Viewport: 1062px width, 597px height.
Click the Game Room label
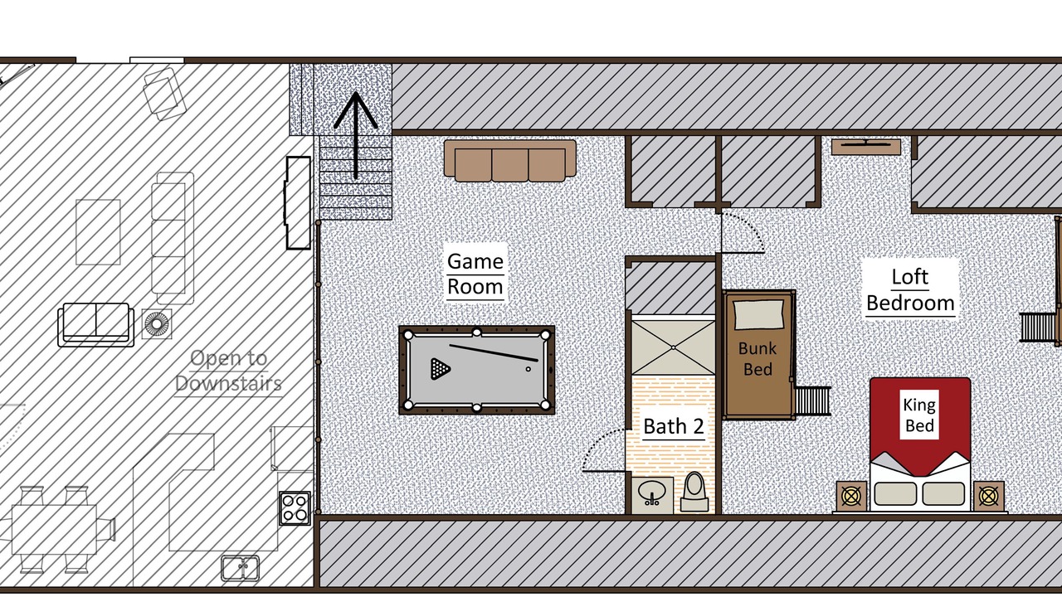(x=475, y=274)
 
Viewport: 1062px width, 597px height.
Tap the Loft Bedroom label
(x=910, y=289)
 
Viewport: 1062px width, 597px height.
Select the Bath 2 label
(x=673, y=426)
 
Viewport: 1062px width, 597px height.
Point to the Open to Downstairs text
(x=228, y=371)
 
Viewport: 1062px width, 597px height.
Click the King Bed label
(x=919, y=415)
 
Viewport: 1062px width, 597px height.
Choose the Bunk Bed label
(x=758, y=359)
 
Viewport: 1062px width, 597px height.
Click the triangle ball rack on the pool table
(x=440, y=369)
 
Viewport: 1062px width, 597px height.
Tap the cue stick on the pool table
(x=494, y=353)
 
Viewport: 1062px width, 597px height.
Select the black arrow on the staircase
(x=356, y=135)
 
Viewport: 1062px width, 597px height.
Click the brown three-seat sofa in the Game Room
(x=510, y=161)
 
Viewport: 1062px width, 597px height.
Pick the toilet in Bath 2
(x=694, y=492)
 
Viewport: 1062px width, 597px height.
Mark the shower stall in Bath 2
(x=673, y=347)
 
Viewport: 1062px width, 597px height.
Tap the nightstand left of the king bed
(x=851, y=496)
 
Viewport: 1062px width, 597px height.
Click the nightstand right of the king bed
(x=988, y=496)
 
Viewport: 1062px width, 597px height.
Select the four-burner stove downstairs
(x=295, y=508)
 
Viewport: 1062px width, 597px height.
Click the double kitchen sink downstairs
(x=241, y=568)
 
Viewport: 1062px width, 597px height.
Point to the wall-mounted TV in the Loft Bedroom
(x=866, y=147)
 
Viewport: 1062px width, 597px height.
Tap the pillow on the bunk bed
(x=758, y=314)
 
